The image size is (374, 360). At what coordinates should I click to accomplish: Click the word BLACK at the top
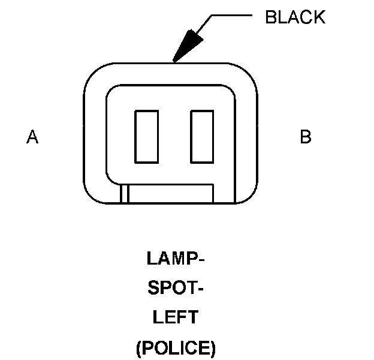[295, 17]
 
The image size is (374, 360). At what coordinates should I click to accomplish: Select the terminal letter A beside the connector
[32, 137]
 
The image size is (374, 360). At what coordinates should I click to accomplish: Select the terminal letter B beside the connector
[306, 137]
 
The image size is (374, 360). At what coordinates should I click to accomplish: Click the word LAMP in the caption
[172, 259]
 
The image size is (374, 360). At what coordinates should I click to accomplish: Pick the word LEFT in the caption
[176, 317]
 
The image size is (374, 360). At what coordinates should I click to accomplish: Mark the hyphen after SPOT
[201, 290]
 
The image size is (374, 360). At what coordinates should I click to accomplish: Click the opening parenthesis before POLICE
[139, 347]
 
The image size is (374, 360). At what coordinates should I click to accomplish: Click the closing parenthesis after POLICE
[213, 347]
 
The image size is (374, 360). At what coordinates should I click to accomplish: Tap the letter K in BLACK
[319, 17]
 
